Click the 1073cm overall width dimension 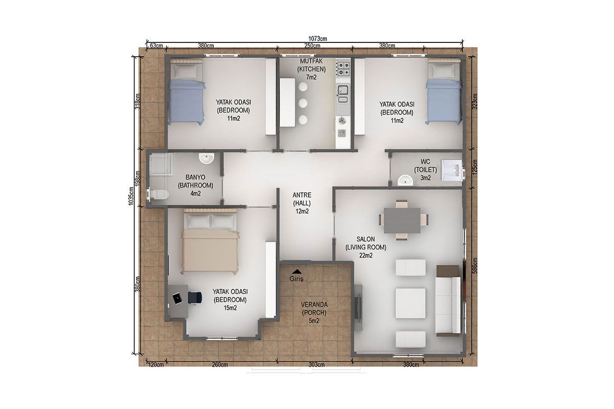click(317, 39)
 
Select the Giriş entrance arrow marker click(297, 271)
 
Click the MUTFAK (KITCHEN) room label click(312, 65)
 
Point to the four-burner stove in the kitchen click(343, 69)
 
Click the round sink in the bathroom click(206, 158)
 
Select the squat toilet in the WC click(452, 170)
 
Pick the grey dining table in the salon click(402, 220)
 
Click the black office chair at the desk click(195, 298)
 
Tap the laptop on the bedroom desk click(178, 299)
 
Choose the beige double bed click(210, 242)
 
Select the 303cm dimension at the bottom click(316, 365)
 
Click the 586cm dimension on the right click(475, 265)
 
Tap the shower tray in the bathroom click(161, 165)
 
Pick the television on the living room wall click(358, 307)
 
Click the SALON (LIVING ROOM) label click(366, 243)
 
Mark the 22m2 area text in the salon click(366, 255)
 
